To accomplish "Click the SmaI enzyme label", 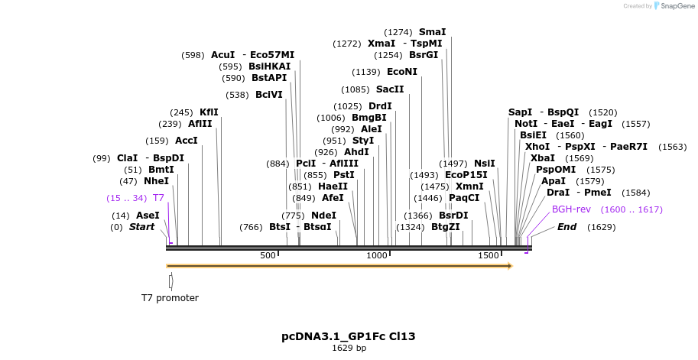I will pos(432,32).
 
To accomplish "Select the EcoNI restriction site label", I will pos(402,72).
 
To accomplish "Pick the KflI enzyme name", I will pos(209,112).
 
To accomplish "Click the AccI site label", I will pos(187,141).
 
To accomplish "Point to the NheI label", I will pos(156,181).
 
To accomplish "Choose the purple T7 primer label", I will pos(158,198).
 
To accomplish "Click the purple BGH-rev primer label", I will pos(571,209).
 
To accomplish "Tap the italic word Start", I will pos(141,227).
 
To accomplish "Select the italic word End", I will pos(567,227).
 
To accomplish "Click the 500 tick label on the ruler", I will pos(268,255).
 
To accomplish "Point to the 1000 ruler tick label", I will pos(378,255).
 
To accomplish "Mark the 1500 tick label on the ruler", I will pos(489,255).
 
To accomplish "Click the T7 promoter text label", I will pos(170,298).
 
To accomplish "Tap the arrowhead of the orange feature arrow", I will pos(510,266).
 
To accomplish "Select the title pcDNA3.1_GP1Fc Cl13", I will pos(349,336).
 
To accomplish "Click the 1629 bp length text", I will pos(349,349).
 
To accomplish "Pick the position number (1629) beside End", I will pos(601,227).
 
